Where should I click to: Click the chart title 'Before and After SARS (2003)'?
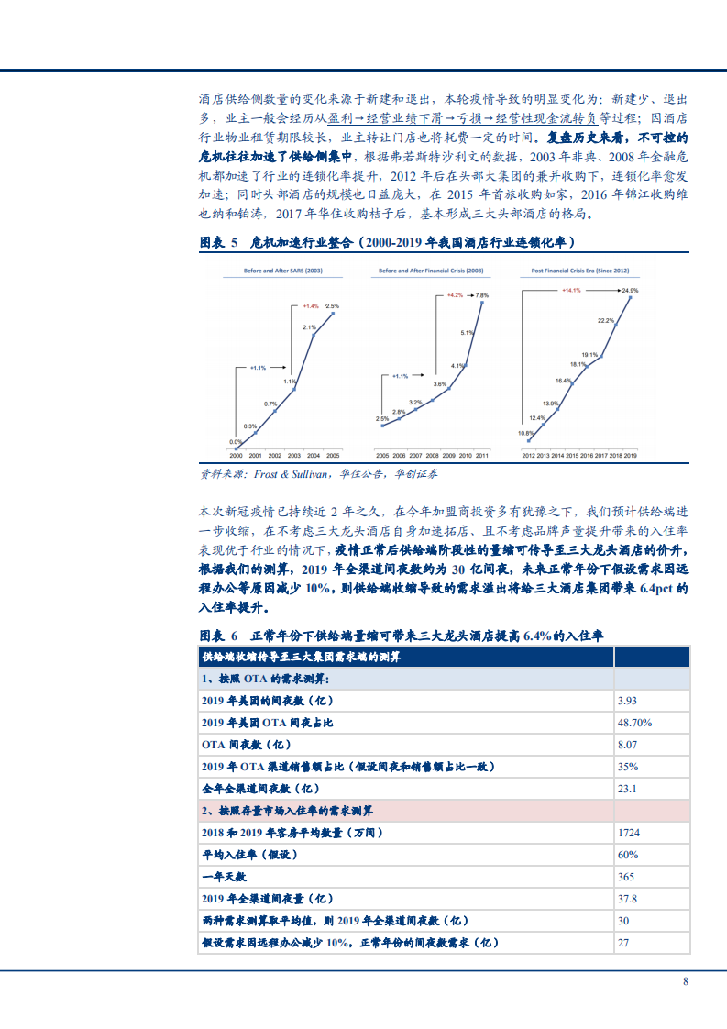pos(281,272)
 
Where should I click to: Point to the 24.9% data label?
pos(629,290)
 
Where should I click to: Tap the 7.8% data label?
pos(482,295)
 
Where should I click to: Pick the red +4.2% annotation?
pos(455,295)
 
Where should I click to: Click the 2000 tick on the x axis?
pos(236,455)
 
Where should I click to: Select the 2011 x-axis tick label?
pos(482,455)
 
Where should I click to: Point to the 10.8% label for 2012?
pos(525,432)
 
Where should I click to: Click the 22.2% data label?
pos(605,321)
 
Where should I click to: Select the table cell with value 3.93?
pos(628,701)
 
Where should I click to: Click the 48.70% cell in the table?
pos(633,723)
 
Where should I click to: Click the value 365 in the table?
pos(626,877)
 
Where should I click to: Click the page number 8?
pos(685,981)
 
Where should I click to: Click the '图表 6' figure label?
pos(218,636)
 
